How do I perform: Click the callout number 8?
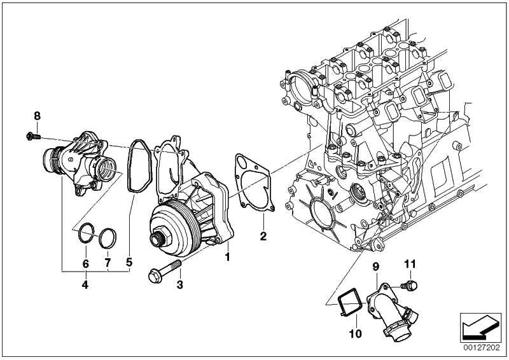[x=37, y=115]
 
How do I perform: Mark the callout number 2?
[x=263, y=237]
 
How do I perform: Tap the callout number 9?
[x=375, y=266]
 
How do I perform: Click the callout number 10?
[x=355, y=333]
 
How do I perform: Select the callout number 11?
[x=410, y=262]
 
